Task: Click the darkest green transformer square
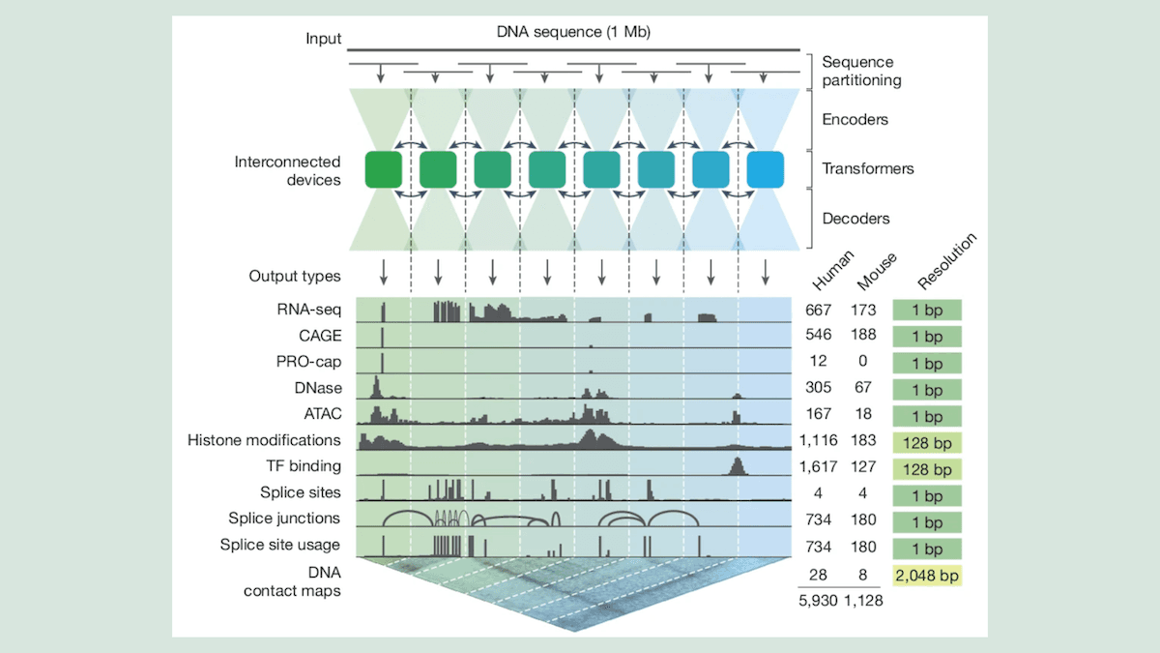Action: pyautogui.click(x=383, y=169)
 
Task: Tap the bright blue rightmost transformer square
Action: pyautogui.click(x=765, y=169)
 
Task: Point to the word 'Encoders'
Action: pyautogui.click(x=855, y=120)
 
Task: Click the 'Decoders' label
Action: pyautogui.click(x=855, y=219)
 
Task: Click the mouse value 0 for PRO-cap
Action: pyautogui.click(x=863, y=362)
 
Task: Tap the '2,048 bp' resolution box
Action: pyautogui.click(x=927, y=576)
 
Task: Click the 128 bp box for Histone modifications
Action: pyautogui.click(x=927, y=440)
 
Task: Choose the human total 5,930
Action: pyautogui.click(x=817, y=600)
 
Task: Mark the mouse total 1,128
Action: pyautogui.click(x=863, y=600)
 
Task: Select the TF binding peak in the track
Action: pyautogui.click(x=736, y=466)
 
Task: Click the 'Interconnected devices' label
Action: pyautogui.click(x=287, y=170)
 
